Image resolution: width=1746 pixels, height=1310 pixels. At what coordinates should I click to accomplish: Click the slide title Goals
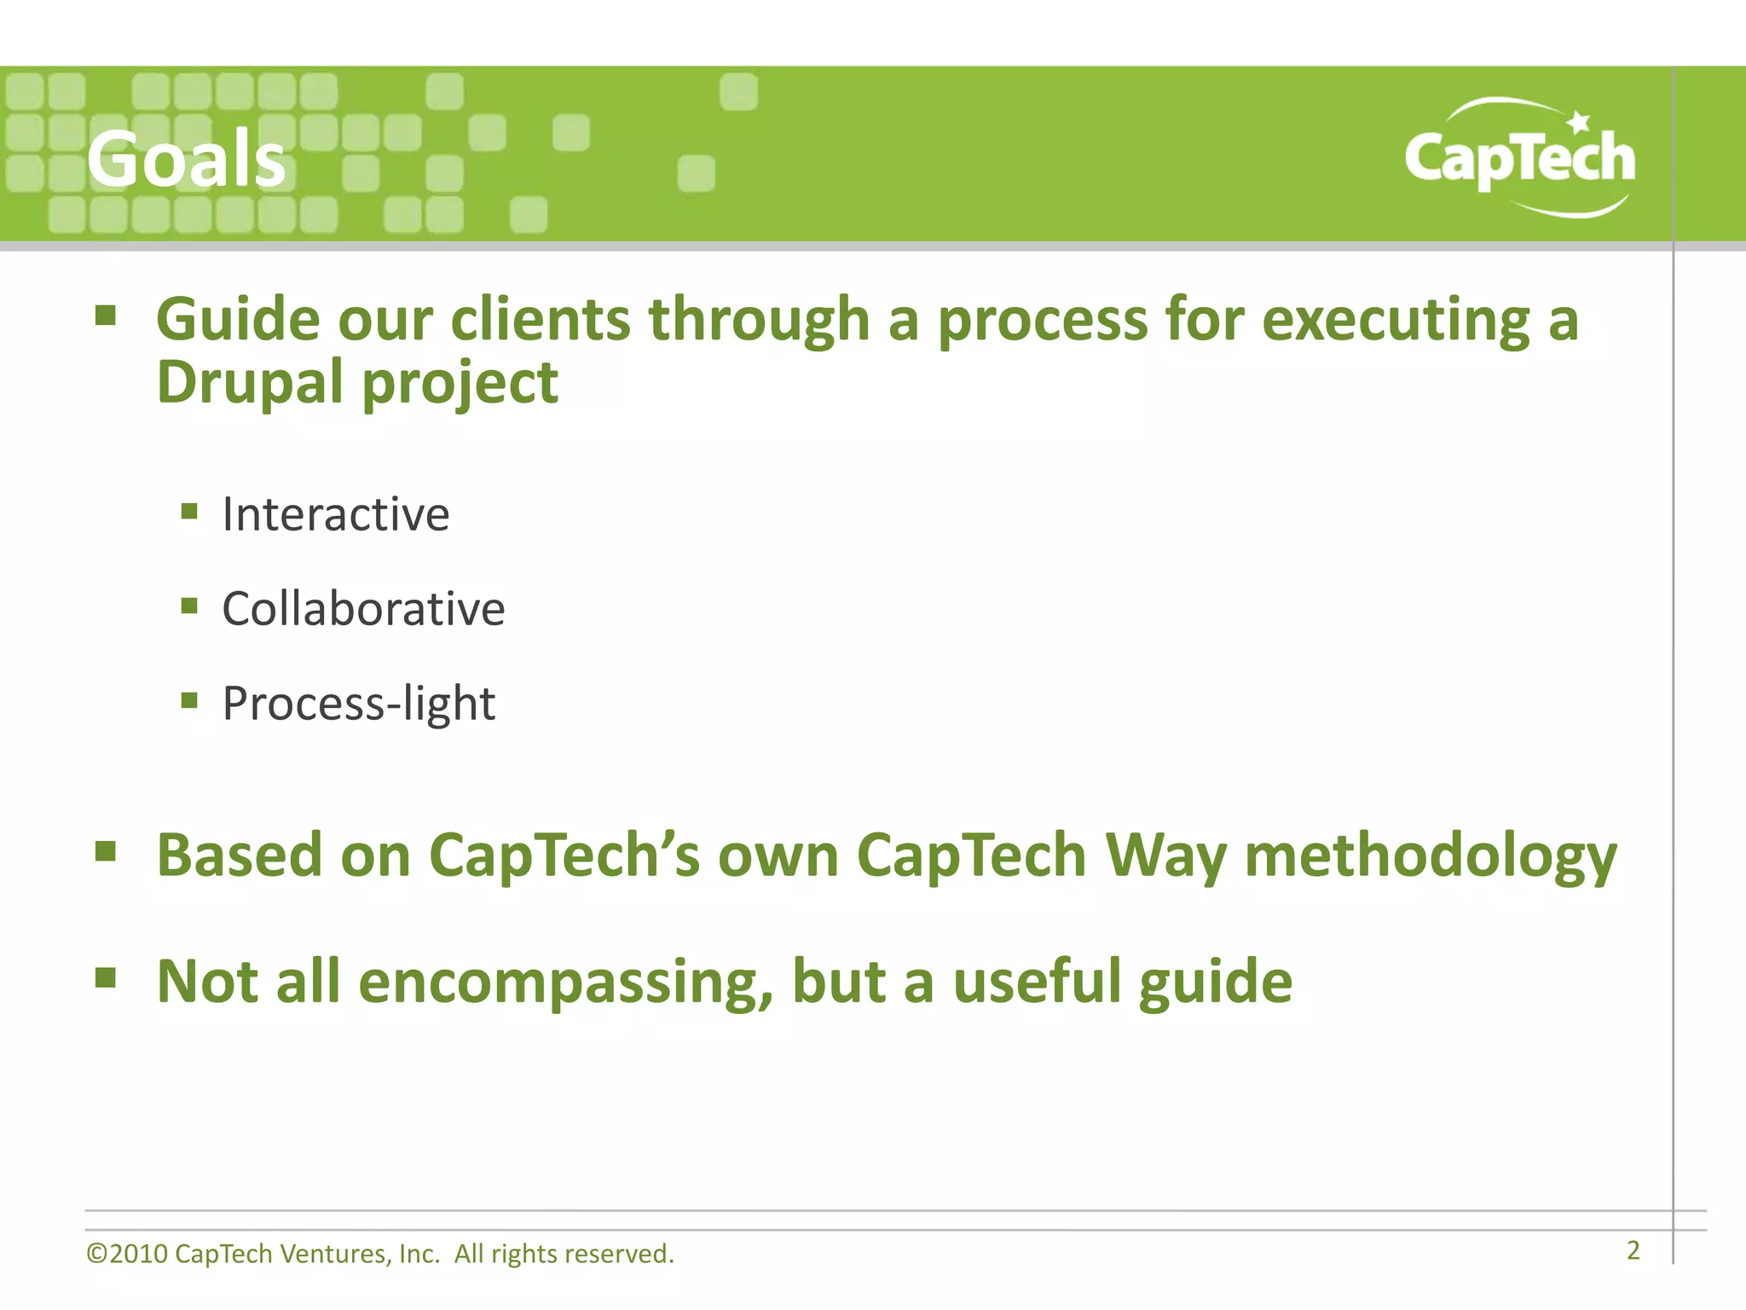(x=186, y=159)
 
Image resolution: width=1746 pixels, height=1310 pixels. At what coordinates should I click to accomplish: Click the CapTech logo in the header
(x=1519, y=159)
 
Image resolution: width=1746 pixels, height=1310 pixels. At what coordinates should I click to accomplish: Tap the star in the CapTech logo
(x=1578, y=121)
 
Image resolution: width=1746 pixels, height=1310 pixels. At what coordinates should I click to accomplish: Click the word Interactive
(x=335, y=514)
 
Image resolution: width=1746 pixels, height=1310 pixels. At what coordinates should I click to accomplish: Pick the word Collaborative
(x=363, y=609)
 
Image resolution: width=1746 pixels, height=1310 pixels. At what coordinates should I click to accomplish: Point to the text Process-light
(x=358, y=704)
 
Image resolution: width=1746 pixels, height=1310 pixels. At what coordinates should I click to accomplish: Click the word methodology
(x=1430, y=856)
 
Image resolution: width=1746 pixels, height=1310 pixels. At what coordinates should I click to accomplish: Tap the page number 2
(x=1633, y=1250)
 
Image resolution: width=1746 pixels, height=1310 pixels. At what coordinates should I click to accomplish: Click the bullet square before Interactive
(x=189, y=512)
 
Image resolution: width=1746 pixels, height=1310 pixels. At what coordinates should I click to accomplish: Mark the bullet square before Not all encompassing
(x=105, y=977)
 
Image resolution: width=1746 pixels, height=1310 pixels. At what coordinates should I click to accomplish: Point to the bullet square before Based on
(x=105, y=850)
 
